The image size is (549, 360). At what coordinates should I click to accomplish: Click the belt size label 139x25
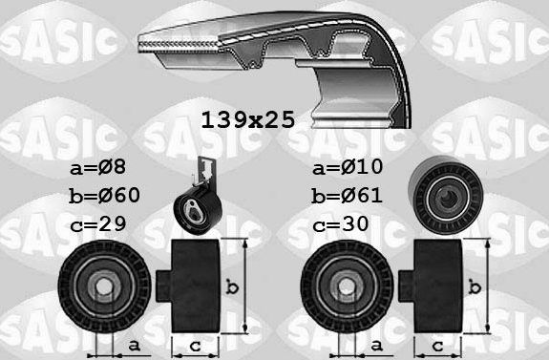point(246,120)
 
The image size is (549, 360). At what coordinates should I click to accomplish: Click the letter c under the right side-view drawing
point(438,345)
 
